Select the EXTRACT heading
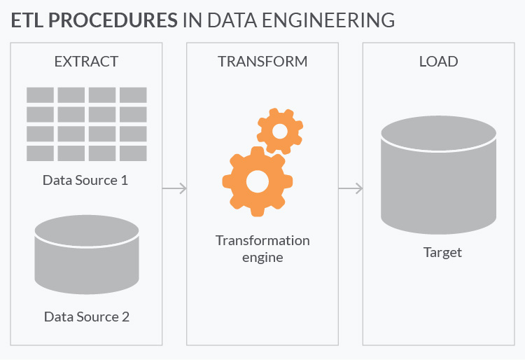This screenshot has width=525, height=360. point(86,62)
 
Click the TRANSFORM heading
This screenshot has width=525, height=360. point(262,62)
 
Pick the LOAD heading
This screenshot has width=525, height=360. point(438,62)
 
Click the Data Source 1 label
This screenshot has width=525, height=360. point(85,180)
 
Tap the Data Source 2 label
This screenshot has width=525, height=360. point(87,317)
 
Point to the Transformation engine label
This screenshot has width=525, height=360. point(262,248)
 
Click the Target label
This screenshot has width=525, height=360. point(442,252)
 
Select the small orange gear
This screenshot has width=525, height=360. point(280,130)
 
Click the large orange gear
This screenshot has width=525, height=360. point(257,181)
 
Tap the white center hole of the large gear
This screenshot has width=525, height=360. point(257,181)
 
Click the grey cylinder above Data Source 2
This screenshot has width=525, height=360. point(87,255)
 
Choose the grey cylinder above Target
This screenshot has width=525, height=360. point(438,175)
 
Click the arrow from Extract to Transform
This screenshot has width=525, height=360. point(174,188)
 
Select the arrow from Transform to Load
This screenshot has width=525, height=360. point(350,188)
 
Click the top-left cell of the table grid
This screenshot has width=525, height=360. point(40,95)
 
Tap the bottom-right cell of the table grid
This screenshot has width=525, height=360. point(133,153)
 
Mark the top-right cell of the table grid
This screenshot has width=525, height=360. point(133,95)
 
